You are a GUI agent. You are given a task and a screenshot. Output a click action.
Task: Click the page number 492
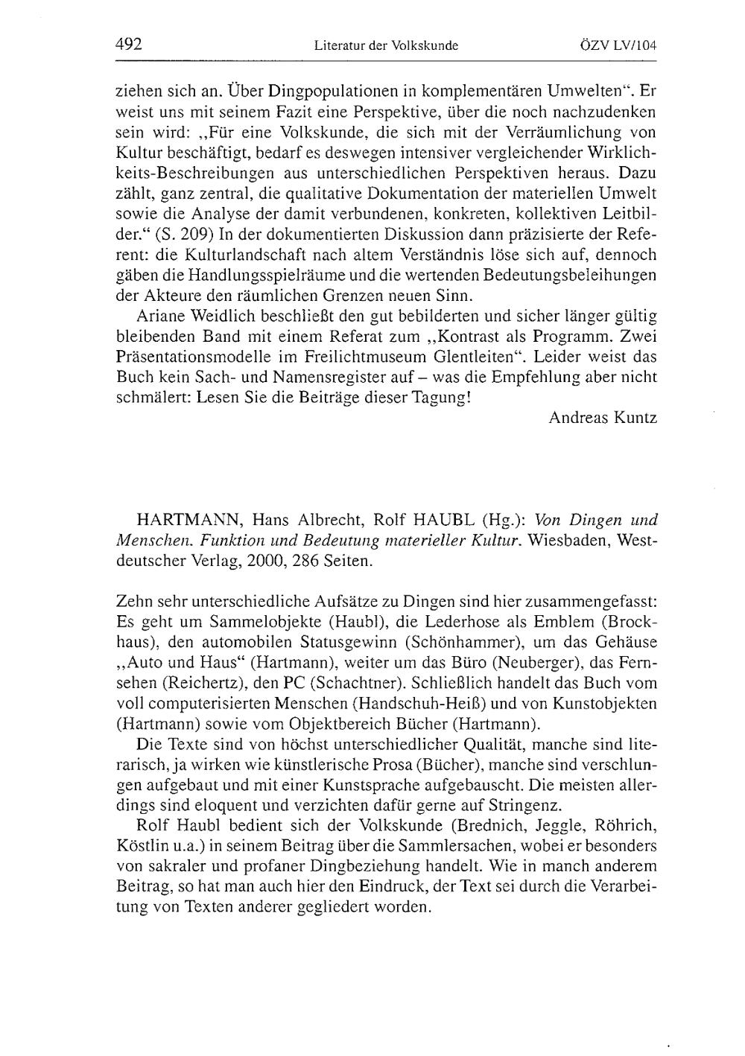click(x=129, y=44)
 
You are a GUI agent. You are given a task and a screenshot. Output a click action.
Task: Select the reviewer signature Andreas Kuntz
click(x=603, y=417)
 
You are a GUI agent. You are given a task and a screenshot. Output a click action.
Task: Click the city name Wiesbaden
click(x=569, y=540)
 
